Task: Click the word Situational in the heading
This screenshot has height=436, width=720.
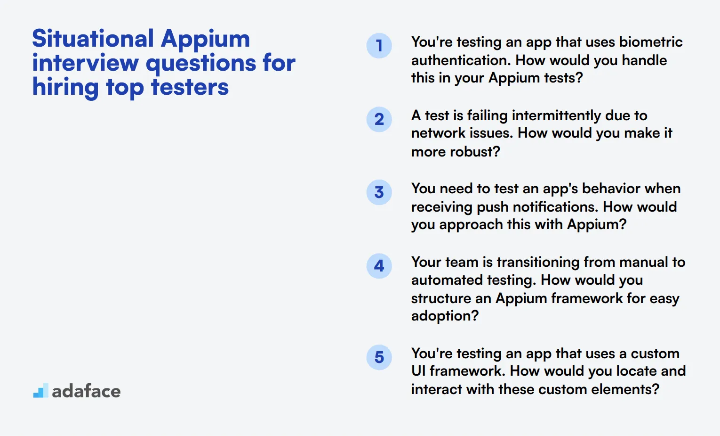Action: pos(93,39)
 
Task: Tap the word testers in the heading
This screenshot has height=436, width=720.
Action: pos(190,87)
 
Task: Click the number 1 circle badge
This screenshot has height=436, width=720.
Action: pos(379,46)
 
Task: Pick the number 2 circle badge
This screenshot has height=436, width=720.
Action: pos(379,119)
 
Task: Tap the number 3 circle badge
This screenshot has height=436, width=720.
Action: pos(379,192)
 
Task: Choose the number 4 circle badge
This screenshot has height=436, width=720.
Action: pos(379,266)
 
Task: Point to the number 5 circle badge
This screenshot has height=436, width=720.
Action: pos(379,357)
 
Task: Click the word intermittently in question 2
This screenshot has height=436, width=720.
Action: pos(556,115)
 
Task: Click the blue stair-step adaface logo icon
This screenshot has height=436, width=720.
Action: pos(41,390)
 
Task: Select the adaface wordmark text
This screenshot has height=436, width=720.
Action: pos(86,391)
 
